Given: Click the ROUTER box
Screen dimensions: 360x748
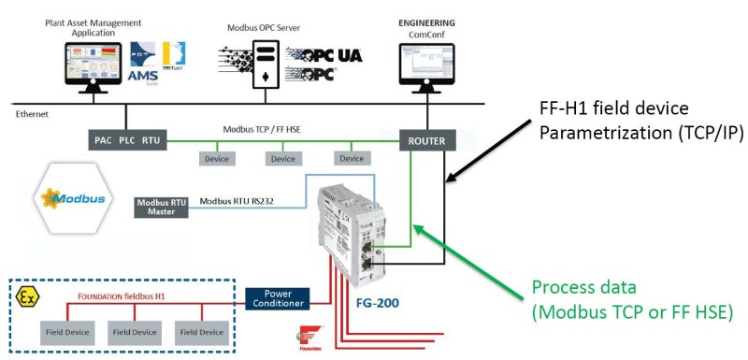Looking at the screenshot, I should [426, 140].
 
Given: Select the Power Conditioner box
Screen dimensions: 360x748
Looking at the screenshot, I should [277, 297].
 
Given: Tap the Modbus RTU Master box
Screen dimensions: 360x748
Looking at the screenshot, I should [161, 207].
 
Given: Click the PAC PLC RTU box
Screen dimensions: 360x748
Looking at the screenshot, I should [127, 140].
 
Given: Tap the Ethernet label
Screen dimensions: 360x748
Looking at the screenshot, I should [32, 113].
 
